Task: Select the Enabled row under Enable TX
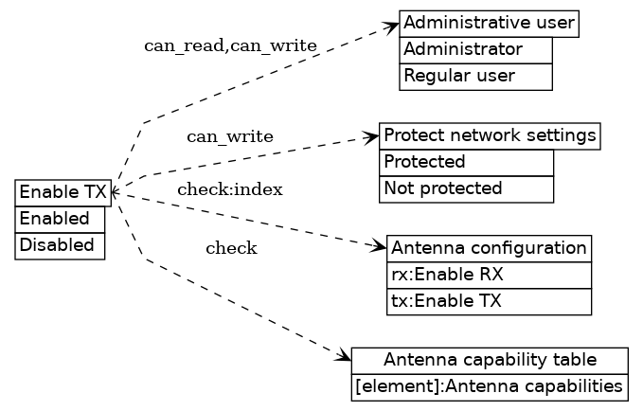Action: pyautogui.click(x=60, y=219)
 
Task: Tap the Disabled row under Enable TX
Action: pyautogui.click(x=60, y=245)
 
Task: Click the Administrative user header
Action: pyautogui.click(x=489, y=24)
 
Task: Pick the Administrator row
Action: pyautogui.click(x=475, y=50)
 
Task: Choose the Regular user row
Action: pyautogui.click(x=475, y=77)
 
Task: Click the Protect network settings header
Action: pyautogui.click(x=490, y=135)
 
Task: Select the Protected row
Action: pyautogui.click(x=466, y=162)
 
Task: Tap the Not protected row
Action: pyautogui.click(x=466, y=188)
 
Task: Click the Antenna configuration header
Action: pyautogui.click(x=489, y=248)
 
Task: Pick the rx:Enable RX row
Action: pyautogui.click(x=489, y=276)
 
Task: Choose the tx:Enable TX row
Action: pyautogui.click(x=489, y=302)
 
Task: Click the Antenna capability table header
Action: pyautogui.click(x=490, y=360)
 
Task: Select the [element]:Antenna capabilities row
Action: pyautogui.click(x=490, y=387)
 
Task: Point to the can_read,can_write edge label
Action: pyautogui.click(x=230, y=46)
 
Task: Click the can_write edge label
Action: pyautogui.click(x=230, y=137)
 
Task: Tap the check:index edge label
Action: pyautogui.click(x=230, y=189)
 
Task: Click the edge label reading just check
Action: pyautogui.click(x=231, y=249)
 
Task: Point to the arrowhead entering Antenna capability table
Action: pyautogui.click(x=344, y=357)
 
